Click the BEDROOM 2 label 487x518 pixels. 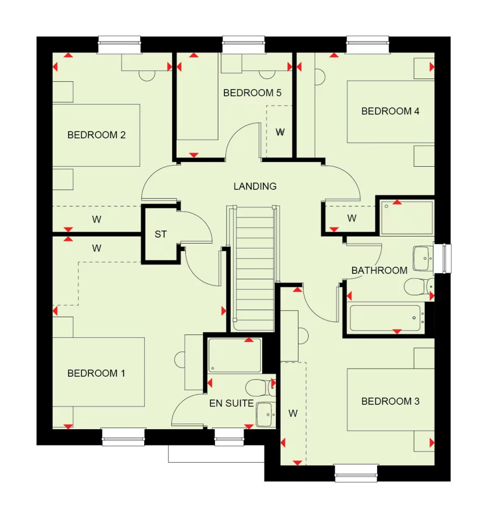click(x=96, y=135)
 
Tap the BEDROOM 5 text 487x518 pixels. click(x=252, y=93)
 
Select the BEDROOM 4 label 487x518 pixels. click(x=390, y=112)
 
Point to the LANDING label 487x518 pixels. click(x=255, y=186)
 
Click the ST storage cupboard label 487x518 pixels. click(x=161, y=234)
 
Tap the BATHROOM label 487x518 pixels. click(x=379, y=270)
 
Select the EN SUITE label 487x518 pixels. click(x=231, y=403)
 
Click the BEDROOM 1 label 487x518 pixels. click(x=96, y=373)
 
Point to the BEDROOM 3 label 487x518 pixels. click(x=390, y=402)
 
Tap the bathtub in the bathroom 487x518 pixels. click(x=386, y=318)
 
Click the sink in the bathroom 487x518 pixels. click(x=423, y=259)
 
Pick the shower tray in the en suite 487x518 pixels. click(x=235, y=355)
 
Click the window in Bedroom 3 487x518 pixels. click(x=356, y=473)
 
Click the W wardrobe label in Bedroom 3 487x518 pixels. click(x=293, y=414)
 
